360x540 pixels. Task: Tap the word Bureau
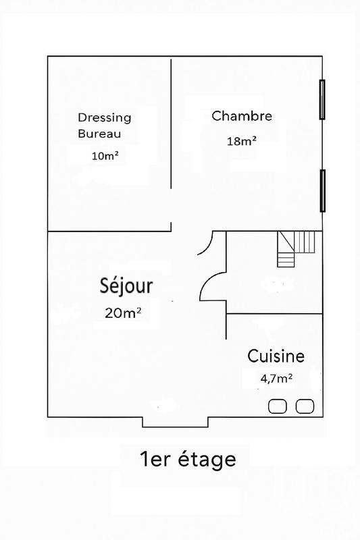(99, 134)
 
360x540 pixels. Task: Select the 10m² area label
(105, 156)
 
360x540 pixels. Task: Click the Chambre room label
(242, 116)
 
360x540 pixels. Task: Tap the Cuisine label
(276, 356)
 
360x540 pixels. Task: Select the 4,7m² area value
(276, 379)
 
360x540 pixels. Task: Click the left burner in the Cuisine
(278, 406)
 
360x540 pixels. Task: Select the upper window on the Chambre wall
(322, 99)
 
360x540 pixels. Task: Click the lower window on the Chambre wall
(322, 190)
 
